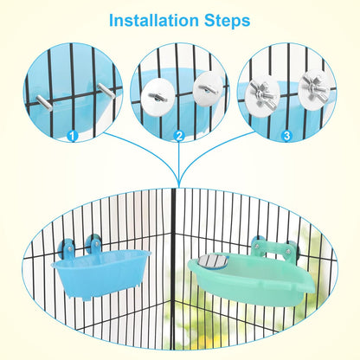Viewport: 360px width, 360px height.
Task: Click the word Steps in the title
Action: click(x=222, y=19)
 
